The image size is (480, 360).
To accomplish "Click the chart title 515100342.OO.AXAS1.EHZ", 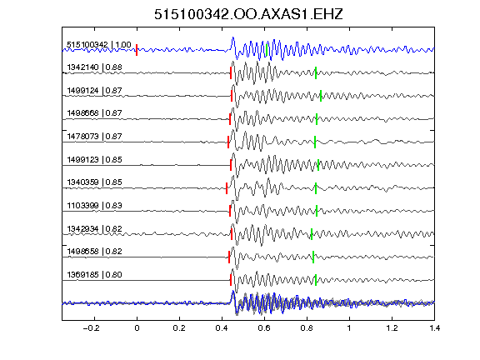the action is coord(248,14).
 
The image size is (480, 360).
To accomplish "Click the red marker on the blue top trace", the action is coord(137,50).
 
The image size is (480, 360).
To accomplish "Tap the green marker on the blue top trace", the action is coord(267,50).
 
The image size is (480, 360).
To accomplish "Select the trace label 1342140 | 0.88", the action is coord(95,67).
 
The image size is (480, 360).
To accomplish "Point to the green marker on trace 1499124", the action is coord(321,96).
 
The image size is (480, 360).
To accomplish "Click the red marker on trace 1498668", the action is coord(230,119).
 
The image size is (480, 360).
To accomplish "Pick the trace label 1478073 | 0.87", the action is coord(95,136).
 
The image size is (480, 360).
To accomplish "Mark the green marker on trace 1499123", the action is coord(318,165).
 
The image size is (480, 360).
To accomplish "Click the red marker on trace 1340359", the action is coord(227,188).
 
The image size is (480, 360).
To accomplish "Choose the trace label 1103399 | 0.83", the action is coord(95,205).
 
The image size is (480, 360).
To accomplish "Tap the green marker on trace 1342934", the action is coord(312,234).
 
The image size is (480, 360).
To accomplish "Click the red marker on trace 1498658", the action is coord(229,257).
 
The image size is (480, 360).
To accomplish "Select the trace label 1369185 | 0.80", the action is coord(95,275).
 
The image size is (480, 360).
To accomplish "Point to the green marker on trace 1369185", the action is coord(316,280).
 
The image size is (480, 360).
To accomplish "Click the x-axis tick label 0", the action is coord(137,328).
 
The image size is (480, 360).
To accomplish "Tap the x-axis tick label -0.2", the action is coord(91,328).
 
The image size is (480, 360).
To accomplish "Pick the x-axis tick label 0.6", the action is coord(264,328).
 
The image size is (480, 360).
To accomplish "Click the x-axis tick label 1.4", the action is coord(434,328).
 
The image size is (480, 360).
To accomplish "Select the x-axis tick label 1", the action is coord(349,328).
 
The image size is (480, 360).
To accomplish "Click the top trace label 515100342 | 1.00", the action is coord(99,45).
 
